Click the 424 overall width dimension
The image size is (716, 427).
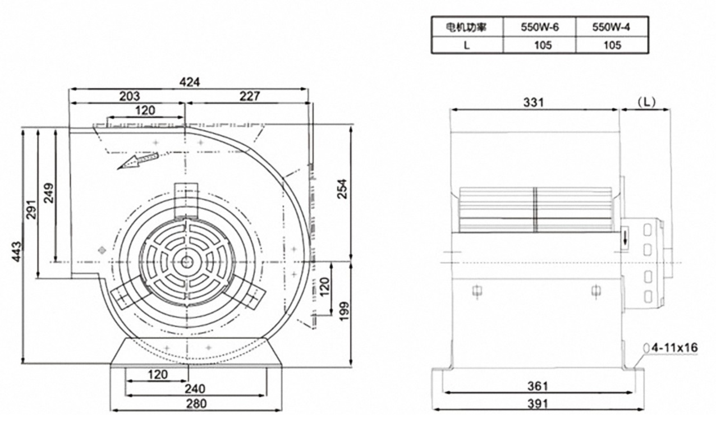[x=190, y=82]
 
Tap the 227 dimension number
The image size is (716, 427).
[x=249, y=96]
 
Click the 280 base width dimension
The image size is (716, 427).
[x=196, y=403]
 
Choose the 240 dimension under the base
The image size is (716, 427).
[x=195, y=388]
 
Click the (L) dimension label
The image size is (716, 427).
[x=646, y=102]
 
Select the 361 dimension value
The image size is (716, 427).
[x=538, y=386]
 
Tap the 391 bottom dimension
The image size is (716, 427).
[x=538, y=403]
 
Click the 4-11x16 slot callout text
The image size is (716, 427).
[x=674, y=348]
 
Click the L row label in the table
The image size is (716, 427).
[x=466, y=45]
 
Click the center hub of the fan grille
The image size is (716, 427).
[x=186, y=261]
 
